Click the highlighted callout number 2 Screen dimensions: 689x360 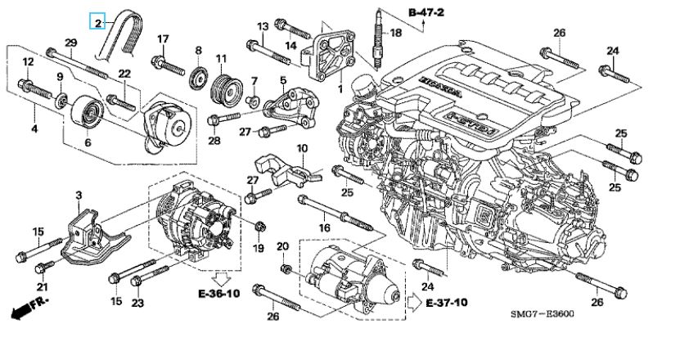[97, 22]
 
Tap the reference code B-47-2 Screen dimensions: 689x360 [426, 12]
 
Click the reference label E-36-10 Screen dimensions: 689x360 [218, 294]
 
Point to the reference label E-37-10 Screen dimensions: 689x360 [447, 303]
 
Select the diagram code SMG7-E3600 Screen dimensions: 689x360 [543, 314]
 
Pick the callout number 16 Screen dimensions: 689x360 [324, 227]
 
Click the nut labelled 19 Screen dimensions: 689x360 [259, 227]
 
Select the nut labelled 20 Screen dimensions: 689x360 [284, 268]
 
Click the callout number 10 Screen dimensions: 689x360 [302, 148]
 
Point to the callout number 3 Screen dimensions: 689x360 [79, 196]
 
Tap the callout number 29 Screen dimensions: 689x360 [71, 43]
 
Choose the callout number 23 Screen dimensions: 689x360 [137, 303]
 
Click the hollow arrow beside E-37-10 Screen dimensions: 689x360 [415, 303]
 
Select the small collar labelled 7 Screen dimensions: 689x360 [253, 101]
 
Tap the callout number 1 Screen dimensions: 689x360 [340, 90]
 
